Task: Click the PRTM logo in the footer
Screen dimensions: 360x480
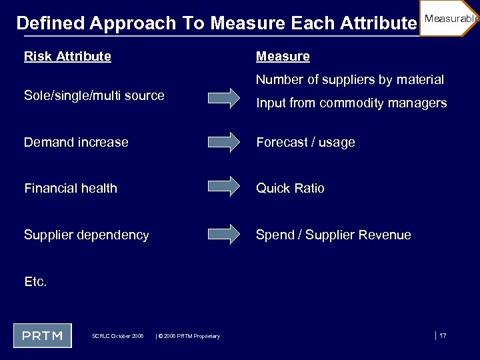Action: click(x=42, y=335)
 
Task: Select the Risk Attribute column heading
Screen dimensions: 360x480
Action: click(x=67, y=57)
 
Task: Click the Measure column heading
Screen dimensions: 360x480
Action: click(x=283, y=57)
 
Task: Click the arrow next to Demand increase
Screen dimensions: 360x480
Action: click(x=224, y=142)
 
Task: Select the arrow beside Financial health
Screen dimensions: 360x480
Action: click(x=224, y=188)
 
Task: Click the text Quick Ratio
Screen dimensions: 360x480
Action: click(x=290, y=189)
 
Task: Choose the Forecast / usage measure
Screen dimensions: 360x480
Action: click(x=305, y=143)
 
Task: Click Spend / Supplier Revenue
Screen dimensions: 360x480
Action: click(x=333, y=235)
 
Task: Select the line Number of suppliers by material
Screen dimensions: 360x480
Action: click(x=350, y=80)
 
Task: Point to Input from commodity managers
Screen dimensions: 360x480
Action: click(x=351, y=103)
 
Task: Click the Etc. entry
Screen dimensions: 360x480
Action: click(x=35, y=281)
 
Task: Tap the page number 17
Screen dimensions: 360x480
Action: click(x=443, y=335)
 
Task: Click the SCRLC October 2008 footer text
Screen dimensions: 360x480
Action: click(x=117, y=336)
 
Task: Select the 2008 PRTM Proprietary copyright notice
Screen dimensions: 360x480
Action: click(x=188, y=336)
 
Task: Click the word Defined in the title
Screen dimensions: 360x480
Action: click(x=50, y=23)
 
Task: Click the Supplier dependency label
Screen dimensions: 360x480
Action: click(x=87, y=235)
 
